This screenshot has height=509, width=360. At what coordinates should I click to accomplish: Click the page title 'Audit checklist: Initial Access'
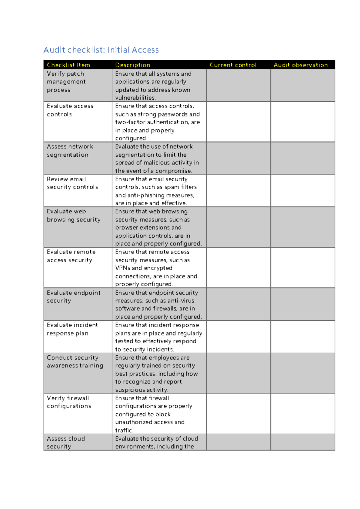pos(101,50)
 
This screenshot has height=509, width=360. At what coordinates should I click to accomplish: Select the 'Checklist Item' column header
pos(68,65)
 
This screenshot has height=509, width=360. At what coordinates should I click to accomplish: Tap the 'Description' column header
pos(133,65)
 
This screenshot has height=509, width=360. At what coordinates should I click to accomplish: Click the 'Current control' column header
pos(233,65)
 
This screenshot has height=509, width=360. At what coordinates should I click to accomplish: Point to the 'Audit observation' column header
pos(301,65)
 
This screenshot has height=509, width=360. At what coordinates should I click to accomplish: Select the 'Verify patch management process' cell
pos(66,82)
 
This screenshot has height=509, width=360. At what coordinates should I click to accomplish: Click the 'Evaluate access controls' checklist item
pos(70,110)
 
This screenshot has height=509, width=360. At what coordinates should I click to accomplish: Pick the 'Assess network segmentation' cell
pos(70,151)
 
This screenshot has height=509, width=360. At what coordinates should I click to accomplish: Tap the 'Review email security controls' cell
pos(72,183)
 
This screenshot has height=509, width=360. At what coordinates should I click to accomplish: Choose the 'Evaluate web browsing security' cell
pos(73,215)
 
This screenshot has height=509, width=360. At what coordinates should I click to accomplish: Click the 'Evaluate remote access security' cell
pos(71,256)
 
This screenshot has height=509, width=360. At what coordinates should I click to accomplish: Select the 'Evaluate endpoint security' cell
pos(73,297)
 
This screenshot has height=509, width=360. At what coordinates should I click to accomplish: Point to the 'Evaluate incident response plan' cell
pos(72,329)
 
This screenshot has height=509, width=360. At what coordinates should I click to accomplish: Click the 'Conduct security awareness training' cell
pos(75,361)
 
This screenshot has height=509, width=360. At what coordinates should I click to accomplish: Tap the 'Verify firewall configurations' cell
pos(69,402)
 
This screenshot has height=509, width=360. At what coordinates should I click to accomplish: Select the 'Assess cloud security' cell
pos(66,442)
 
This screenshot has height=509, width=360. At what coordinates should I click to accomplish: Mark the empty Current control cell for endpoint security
pos(238,304)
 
